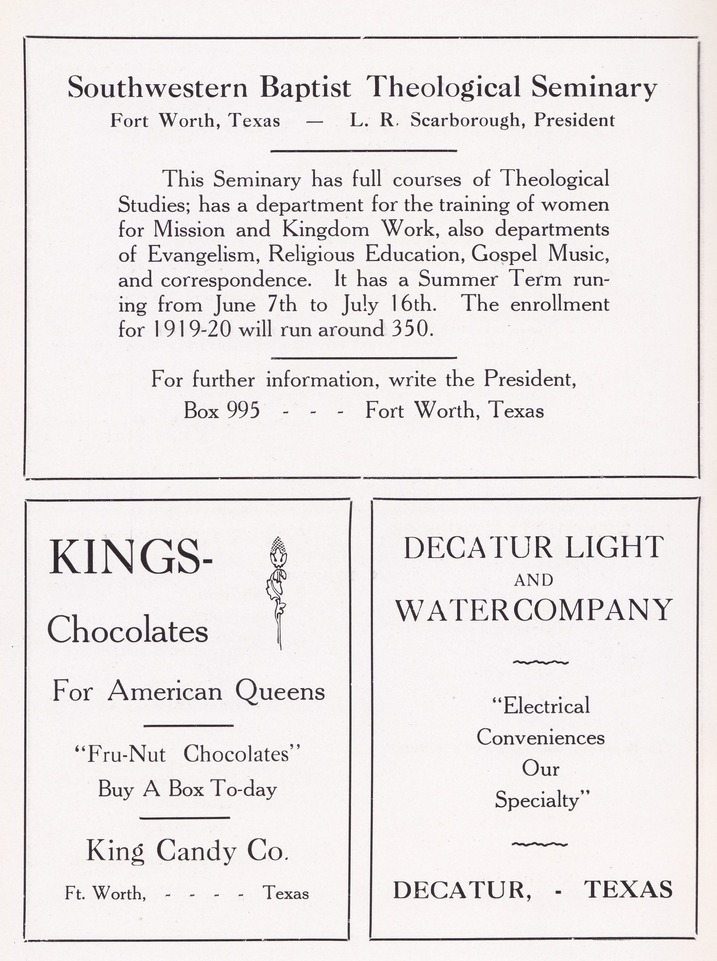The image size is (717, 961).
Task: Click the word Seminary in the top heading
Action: pyautogui.click(x=594, y=87)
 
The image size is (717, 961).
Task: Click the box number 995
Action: pyautogui.click(x=243, y=410)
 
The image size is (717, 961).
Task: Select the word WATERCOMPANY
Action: pyautogui.click(x=534, y=610)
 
